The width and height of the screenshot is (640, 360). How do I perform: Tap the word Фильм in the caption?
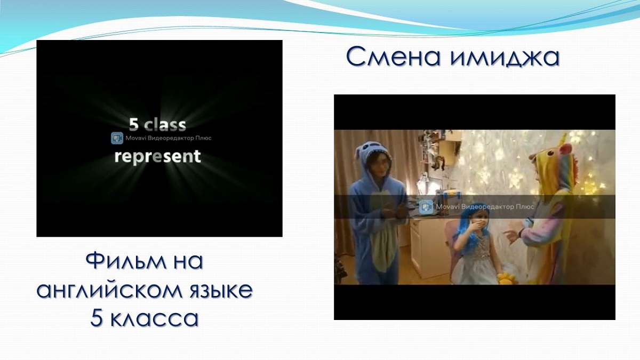pos(126,261)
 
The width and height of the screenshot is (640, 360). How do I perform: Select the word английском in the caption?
pos(109,291)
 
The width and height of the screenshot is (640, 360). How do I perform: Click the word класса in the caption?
pos(154,318)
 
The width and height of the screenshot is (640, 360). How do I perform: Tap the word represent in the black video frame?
pos(158,157)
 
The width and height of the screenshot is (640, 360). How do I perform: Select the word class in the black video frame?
pos(165,125)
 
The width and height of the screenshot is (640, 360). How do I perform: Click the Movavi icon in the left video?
pos(117,138)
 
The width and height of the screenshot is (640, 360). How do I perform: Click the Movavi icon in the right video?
pos(426,206)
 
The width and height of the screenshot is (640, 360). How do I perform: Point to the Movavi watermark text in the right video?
pos(485,206)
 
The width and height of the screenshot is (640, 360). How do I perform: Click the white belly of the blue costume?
pos(382,229)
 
